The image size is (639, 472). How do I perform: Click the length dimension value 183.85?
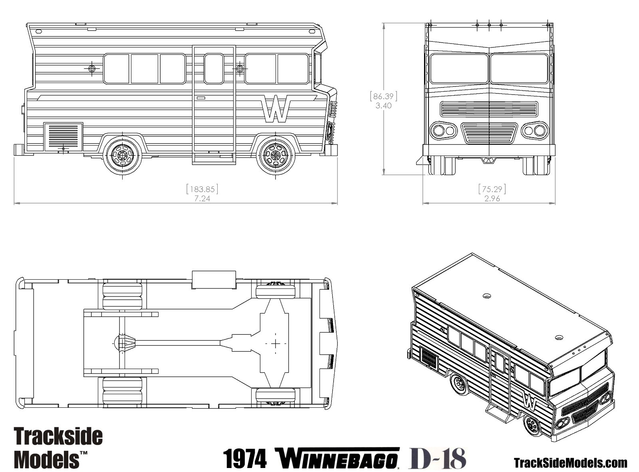[x=202, y=189]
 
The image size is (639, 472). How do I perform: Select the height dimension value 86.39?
[x=383, y=97]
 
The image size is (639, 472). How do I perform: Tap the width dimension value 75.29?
[x=492, y=189]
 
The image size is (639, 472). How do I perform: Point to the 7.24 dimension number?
[x=202, y=198]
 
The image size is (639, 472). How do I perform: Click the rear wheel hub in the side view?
[x=123, y=156]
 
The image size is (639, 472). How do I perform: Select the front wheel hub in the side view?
[x=276, y=156]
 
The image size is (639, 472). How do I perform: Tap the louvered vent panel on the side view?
[x=64, y=137]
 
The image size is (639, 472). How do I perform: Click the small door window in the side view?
[x=214, y=69]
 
